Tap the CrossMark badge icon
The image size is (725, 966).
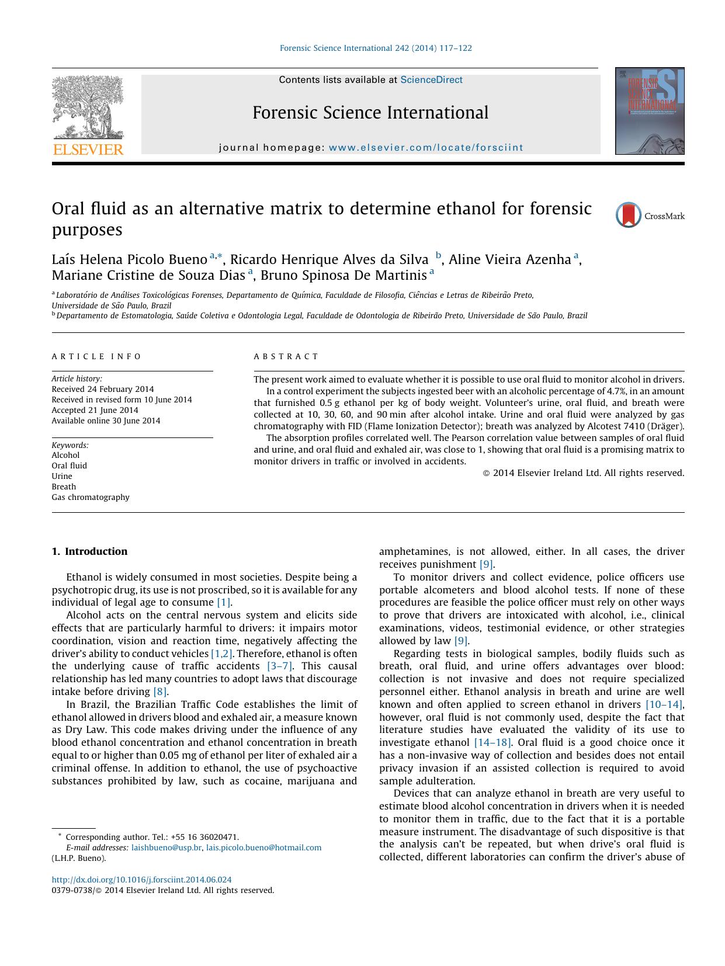[629, 216]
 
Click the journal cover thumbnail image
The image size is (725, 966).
[649, 111]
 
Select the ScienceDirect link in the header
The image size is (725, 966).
[431, 80]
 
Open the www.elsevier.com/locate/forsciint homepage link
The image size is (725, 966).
[426, 148]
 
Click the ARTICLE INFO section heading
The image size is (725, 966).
[96, 356]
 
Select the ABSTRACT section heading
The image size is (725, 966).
[286, 356]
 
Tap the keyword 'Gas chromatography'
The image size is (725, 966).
[91, 497]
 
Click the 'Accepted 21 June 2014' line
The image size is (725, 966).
[95, 410]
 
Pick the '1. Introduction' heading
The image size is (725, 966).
[89, 551]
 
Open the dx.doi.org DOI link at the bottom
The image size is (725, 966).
[141, 880]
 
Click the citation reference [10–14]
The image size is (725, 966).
[664, 704]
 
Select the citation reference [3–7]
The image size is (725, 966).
[280, 666]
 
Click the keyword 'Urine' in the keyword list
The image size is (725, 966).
[62, 476]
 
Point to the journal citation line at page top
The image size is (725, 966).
[376, 48]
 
